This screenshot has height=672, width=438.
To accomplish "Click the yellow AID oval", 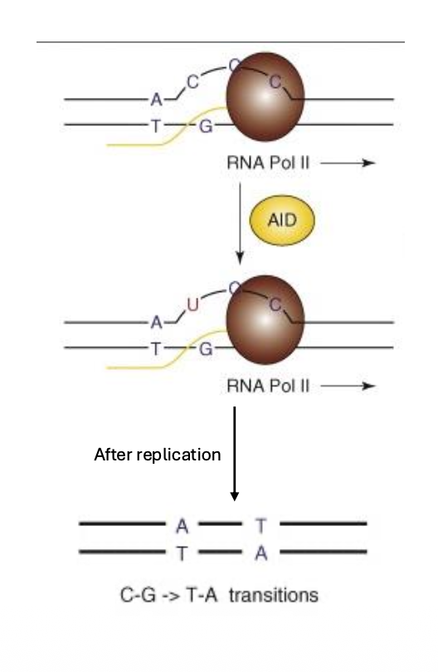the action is [282, 221].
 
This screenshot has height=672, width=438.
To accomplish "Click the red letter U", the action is [192, 304].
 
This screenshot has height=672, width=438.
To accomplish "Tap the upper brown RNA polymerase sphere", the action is [265, 97].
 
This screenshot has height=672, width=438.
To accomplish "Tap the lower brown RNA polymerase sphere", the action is [265, 319].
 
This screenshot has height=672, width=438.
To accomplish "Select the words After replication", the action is [158, 455].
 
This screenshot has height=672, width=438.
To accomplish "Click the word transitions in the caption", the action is [274, 596].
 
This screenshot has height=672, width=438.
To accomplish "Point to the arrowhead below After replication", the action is [235, 496].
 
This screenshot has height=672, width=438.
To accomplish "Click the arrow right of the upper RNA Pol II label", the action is [348, 163].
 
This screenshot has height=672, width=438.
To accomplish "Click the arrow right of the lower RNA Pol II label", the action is [348, 386].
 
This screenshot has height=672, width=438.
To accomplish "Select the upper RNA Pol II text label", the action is [268, 163].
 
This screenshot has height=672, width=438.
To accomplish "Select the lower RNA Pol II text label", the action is [268, 386].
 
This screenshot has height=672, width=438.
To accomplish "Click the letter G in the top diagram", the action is [206, 126].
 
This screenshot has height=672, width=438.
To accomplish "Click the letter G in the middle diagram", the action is [206, 349].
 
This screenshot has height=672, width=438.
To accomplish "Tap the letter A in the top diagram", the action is [157, 100].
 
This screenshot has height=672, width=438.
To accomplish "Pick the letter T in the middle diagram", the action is [156, 348].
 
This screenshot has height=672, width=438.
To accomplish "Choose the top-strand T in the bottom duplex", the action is [261, 526].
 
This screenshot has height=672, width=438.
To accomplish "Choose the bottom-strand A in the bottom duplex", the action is [261, 553].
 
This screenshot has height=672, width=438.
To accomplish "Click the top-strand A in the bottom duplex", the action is [182, 526].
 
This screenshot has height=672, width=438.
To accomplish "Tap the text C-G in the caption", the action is [138, 596].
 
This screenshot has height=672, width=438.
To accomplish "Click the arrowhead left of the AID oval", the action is [240, 258].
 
